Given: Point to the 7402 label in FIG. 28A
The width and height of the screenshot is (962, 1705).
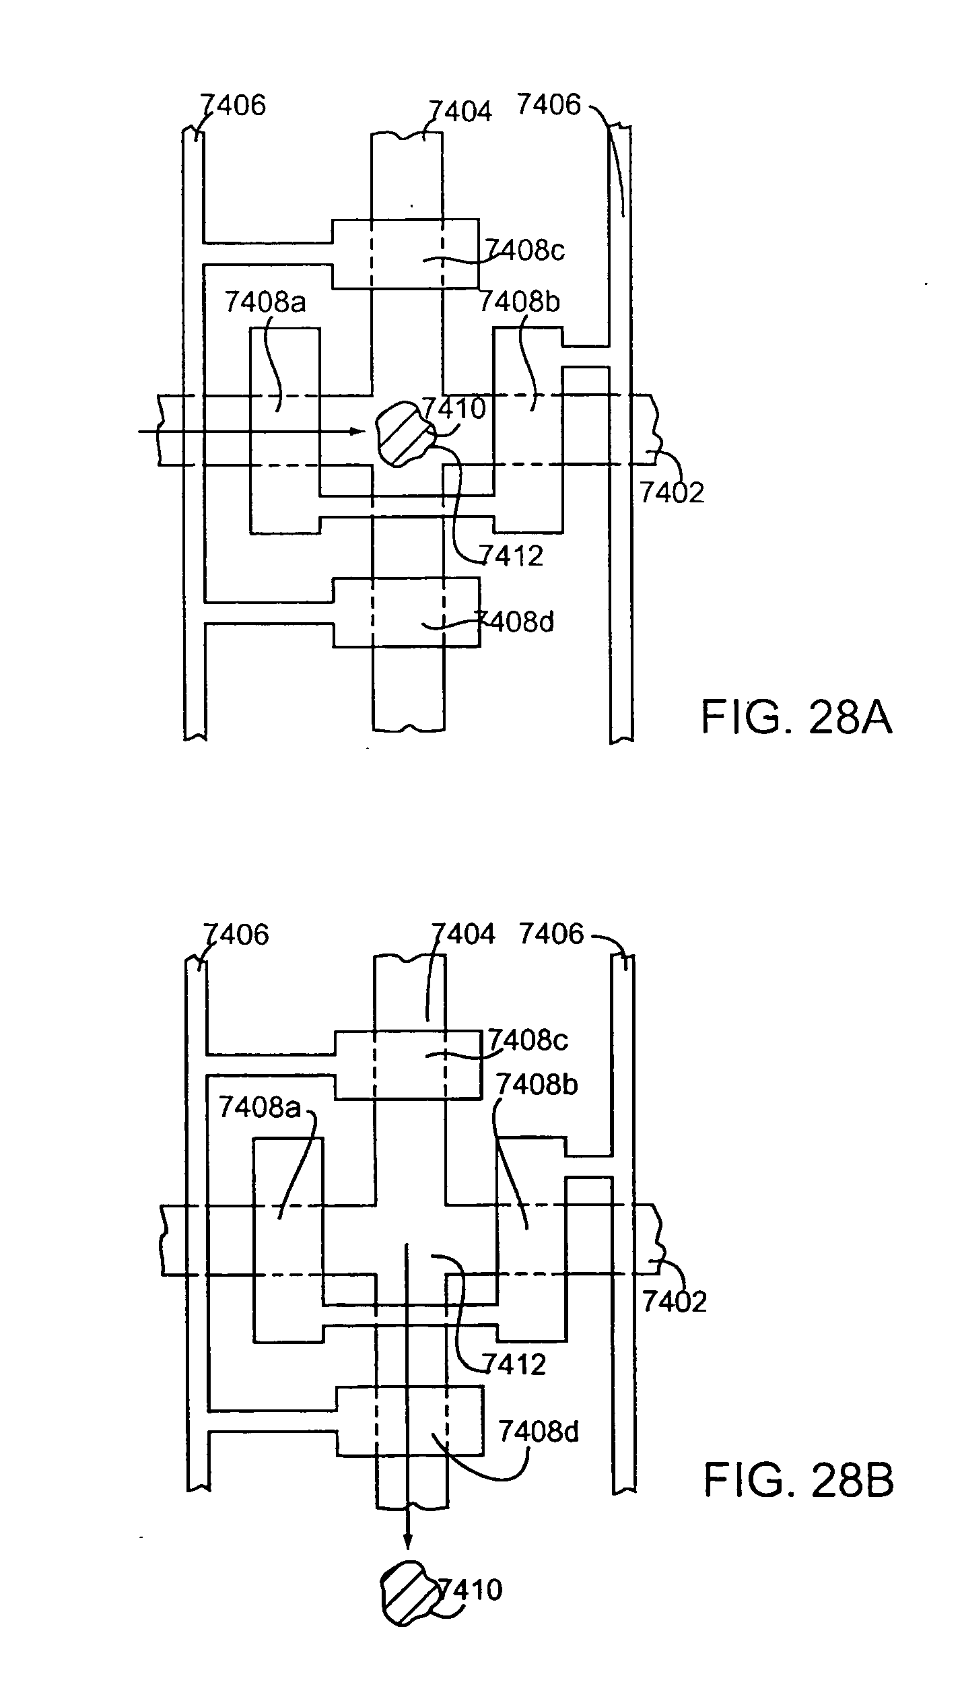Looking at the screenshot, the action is [x=672, y=493].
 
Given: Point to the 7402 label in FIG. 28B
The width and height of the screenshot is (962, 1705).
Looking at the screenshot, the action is [x=675, y=1302].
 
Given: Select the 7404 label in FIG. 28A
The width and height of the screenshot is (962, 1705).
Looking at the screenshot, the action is [x=460, y=111].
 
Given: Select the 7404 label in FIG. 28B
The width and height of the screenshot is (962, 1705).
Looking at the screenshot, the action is [x=463, y=934].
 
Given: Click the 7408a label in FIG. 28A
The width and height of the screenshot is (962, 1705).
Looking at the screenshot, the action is [x=265, y=302].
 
